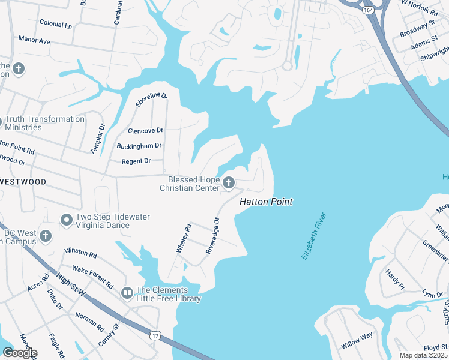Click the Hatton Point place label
(266, 202)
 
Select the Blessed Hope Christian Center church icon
(228, 182)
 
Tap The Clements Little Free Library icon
(127, 293)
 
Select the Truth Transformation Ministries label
(45, 123)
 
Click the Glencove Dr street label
(145, 130)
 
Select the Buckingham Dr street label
(140, 146)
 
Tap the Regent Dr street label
(136, 161)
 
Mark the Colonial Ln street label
(55, 26)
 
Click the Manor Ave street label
(34, 41)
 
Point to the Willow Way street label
(357, 341)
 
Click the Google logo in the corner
(19, 353)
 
